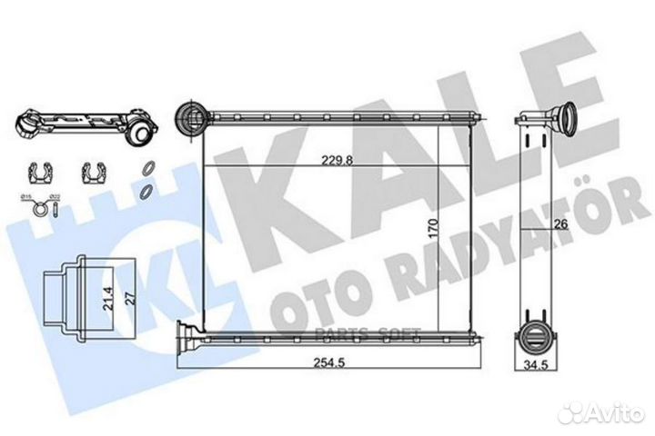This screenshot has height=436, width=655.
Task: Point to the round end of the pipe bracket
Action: point(140,132)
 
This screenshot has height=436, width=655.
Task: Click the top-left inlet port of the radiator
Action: point(188,116)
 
